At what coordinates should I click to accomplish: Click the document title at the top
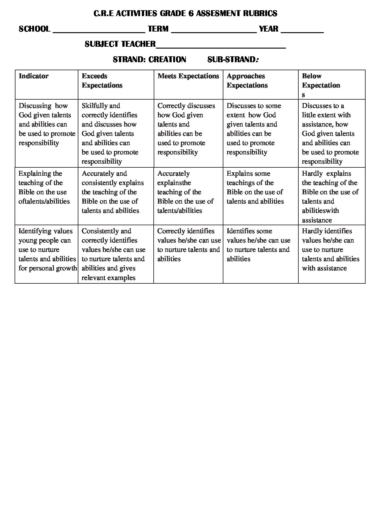click(185, 13)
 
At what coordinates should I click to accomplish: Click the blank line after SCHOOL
click(99, 31)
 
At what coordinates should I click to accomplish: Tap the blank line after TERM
click(214, 31)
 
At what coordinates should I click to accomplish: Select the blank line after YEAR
click(302, 31)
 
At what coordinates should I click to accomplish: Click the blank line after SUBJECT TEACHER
click(221, 46)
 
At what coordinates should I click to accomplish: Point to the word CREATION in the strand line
click(167, 59)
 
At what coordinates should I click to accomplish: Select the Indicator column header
click(34, 76)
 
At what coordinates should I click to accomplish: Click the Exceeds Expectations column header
click(102, 81)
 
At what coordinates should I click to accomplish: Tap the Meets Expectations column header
click(188, 76)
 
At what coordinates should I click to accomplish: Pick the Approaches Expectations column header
click(247, 81)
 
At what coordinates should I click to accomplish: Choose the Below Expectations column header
click(321, 85)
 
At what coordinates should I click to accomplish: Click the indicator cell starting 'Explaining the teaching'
click(44, 187)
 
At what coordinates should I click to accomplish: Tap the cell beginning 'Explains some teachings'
click(255, 187)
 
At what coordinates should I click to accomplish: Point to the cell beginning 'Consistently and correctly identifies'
click(113, 254)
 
